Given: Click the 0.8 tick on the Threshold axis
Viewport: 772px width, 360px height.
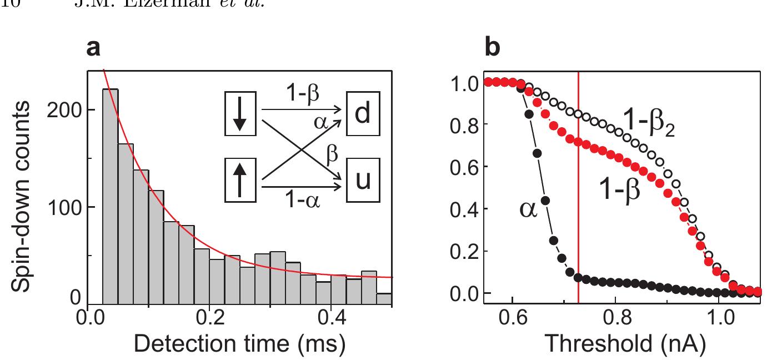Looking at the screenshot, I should pos(615,322).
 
